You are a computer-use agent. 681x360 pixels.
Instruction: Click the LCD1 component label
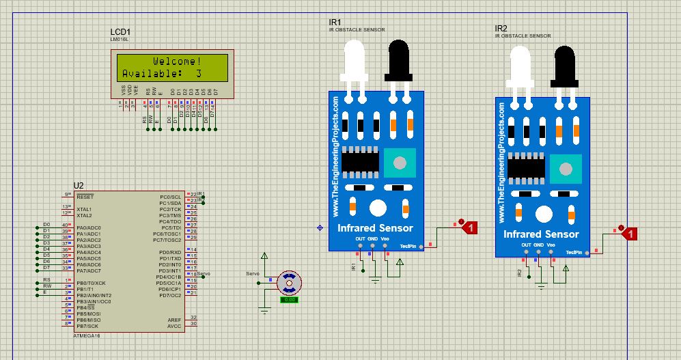pos(120,32)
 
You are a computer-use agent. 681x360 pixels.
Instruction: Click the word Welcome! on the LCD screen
pos(177,61)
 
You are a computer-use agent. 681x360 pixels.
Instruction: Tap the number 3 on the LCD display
pos(198,73)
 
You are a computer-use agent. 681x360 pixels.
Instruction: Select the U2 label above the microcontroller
pos(79,186)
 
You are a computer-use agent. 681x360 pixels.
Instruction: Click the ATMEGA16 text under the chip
pos(86,335)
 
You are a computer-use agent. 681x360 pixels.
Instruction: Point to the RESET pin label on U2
pos(85,195)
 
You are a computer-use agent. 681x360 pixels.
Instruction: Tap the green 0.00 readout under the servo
pos(289,299)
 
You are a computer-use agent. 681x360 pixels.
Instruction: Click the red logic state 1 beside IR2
pos(631,234)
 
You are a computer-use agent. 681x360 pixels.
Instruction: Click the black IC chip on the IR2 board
pos(526,166)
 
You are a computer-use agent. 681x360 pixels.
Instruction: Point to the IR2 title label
pos(501,29)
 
